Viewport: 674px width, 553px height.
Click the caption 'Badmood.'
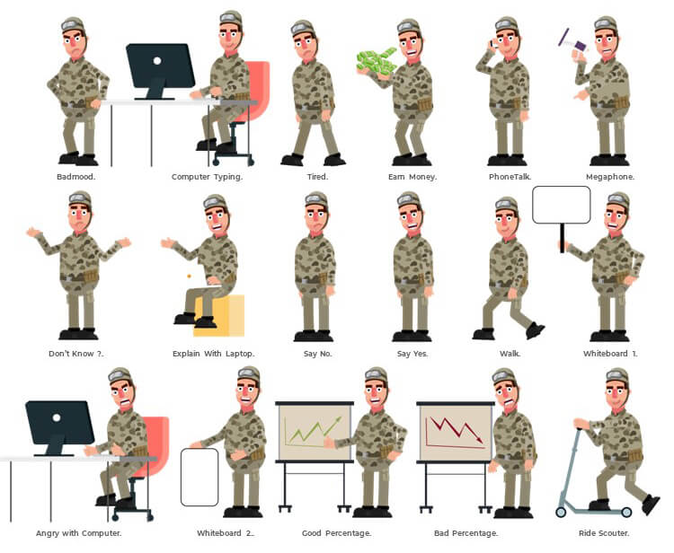coord(76,177)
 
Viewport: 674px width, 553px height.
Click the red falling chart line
coord(457,429)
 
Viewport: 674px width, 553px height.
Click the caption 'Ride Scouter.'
coord(604,533)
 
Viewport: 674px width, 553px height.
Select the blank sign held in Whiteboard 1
coord(562,205)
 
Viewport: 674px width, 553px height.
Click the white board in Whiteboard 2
coord(200,477)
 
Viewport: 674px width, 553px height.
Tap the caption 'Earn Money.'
coord(412,177)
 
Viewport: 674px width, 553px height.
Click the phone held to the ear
coord(493,43)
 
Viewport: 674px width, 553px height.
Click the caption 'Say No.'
coord(317,354)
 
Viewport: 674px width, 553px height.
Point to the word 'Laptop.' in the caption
coord(240,354)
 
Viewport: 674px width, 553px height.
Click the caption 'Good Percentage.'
coord(337,533)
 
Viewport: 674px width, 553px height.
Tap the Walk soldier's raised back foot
coord(536,330)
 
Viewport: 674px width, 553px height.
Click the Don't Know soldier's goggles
coord(79,197)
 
